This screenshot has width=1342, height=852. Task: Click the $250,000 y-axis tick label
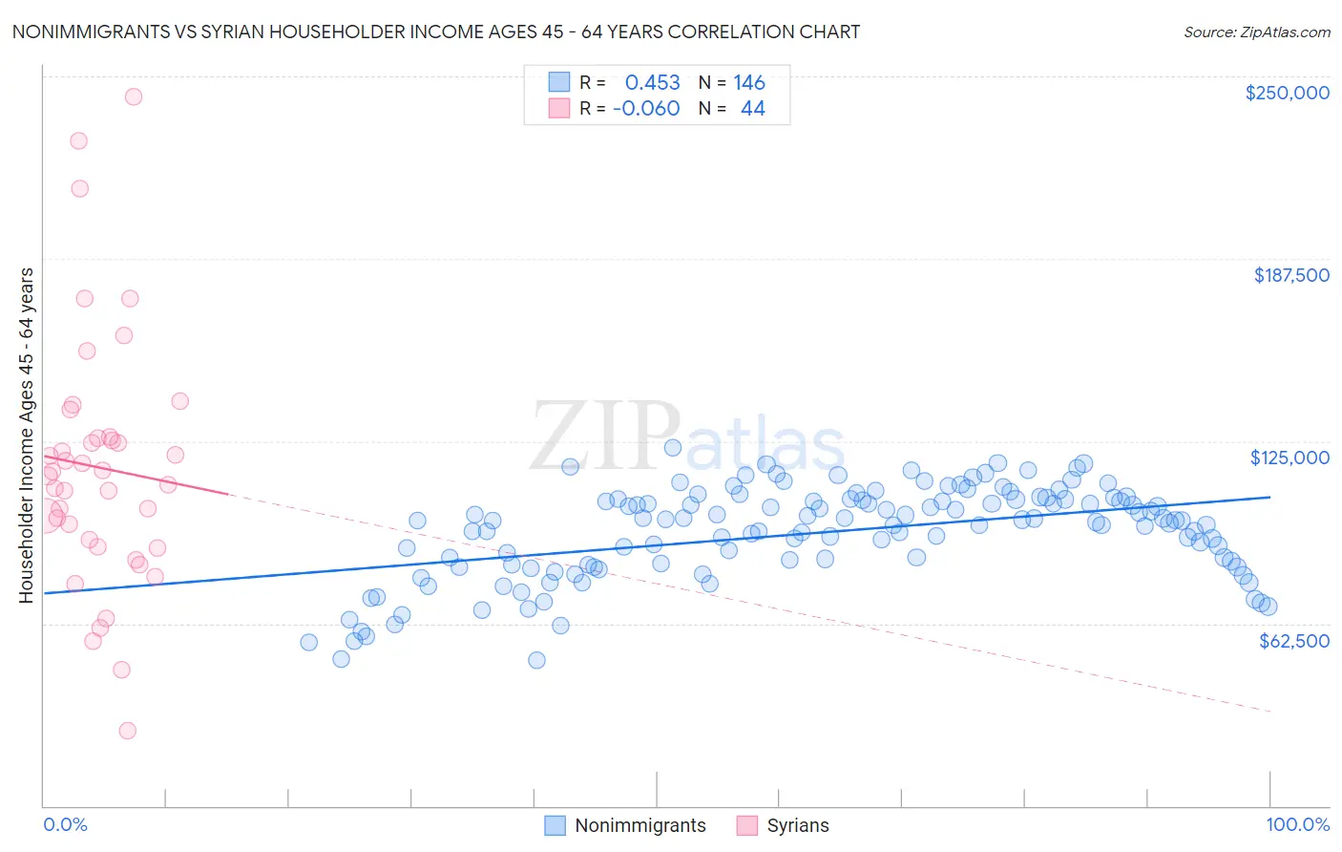point(1287,93)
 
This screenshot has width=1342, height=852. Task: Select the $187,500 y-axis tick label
point(1290,275)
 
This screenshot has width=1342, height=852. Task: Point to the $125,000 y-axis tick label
point(1290,458)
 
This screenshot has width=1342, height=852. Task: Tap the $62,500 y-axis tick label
point(1294,641)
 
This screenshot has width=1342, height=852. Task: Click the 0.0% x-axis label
point(65,824)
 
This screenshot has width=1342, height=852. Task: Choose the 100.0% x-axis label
point(1297,824)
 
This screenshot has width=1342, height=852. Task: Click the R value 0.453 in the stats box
point(652,83)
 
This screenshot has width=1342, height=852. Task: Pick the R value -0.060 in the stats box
point(646,109)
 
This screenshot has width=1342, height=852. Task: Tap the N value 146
point(749,83)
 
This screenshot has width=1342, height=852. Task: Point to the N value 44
point(752,109)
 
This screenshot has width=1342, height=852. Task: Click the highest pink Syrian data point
point(134,96)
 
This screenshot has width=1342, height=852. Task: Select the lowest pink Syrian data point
point(127,731)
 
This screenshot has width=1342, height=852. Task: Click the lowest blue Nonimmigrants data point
point(536,660)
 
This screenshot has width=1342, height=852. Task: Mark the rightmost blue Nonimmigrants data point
point(1269,607)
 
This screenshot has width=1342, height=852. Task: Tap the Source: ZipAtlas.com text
point(1256,32)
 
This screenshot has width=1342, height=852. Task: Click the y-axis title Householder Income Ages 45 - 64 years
point(27,436)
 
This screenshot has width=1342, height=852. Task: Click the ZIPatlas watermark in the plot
point(687,438)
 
